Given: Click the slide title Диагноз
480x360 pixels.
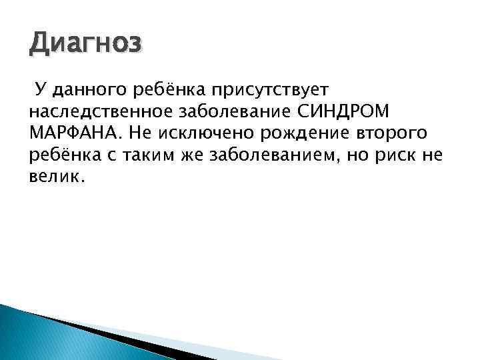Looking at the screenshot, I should point(85,45).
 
